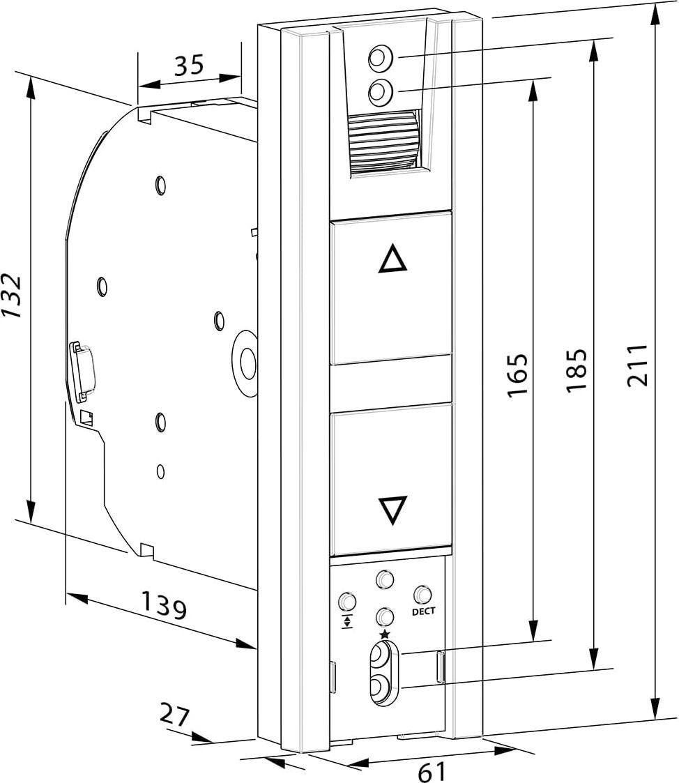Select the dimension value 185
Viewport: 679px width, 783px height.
[x=578, y=370]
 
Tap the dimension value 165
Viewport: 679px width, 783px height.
[x=517, y=376]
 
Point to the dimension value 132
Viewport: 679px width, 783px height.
[x=12, y=296]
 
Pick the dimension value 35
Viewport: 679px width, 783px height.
[x=188, y=65]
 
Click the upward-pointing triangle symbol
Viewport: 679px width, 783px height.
[x=392, y=260]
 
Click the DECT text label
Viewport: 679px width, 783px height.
[x=423, y=611]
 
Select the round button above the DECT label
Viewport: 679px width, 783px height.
[x=422, y=594]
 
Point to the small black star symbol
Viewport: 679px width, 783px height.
[x=384, y=633]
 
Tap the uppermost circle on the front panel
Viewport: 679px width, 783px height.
[x=379, y=59]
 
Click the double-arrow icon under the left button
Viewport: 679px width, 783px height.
[x=346, y=621]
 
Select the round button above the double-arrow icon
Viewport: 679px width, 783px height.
[x=346, y=601]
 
